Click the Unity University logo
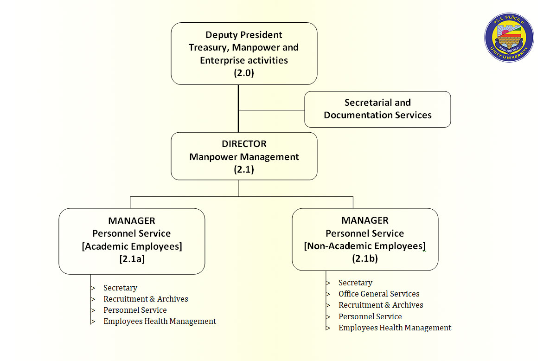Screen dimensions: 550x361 (x=509, y=38)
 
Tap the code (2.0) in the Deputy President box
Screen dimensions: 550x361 (x=244, y=73)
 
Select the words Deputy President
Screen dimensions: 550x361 (x=244, y=35)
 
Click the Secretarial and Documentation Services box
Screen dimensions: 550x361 (x=377, y=109)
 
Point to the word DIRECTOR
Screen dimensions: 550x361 (x=244, y=144)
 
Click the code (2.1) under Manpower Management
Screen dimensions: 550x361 (x=244, y=169)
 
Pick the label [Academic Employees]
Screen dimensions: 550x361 (x=132, y=246)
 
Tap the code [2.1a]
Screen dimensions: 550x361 (x=132, y=259)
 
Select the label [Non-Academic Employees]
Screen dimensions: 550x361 (x=365, y=246)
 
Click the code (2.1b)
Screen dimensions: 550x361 (x=365, y=258)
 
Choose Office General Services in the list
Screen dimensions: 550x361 (x=379, y=294)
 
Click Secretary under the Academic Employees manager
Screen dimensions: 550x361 (x=120, y=288)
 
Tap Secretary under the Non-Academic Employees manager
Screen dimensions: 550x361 (x=355, y=283)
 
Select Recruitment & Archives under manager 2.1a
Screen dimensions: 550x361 (x=146, y=299)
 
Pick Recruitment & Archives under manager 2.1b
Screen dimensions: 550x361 (x=381, y=305)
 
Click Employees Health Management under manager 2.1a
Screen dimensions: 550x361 (x=160, y=321)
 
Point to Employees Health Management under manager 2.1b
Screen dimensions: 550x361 (x=395, y=328)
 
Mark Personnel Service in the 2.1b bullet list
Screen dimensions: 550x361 (x=370, y=316)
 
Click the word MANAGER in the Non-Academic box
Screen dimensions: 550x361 (x=365, y=220)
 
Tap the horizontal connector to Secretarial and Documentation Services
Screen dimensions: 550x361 (x=271, y=110)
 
